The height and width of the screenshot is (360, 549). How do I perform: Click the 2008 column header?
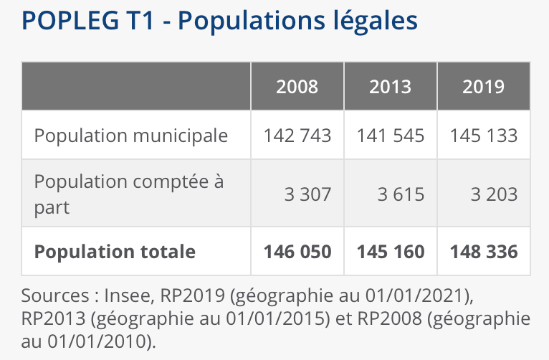297,87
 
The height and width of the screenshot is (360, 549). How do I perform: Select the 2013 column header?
391,87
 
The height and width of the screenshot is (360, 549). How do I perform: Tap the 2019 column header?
484,87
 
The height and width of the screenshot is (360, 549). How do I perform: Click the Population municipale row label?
131,135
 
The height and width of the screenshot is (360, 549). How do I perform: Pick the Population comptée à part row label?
129,194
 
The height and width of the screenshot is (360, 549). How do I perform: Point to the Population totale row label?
115,252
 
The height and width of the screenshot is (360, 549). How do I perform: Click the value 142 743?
297,135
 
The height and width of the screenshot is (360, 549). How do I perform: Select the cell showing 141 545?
391,135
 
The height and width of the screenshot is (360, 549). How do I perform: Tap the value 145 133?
484,135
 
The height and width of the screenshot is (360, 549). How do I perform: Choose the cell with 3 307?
307,194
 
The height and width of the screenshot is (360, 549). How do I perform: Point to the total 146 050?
297,252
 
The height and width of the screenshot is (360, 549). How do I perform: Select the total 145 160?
391,252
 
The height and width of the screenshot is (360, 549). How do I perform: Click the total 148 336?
484,252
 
